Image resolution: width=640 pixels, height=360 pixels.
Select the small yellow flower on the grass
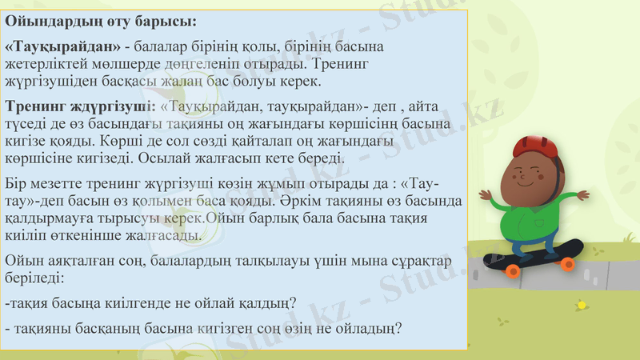point(582,305)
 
